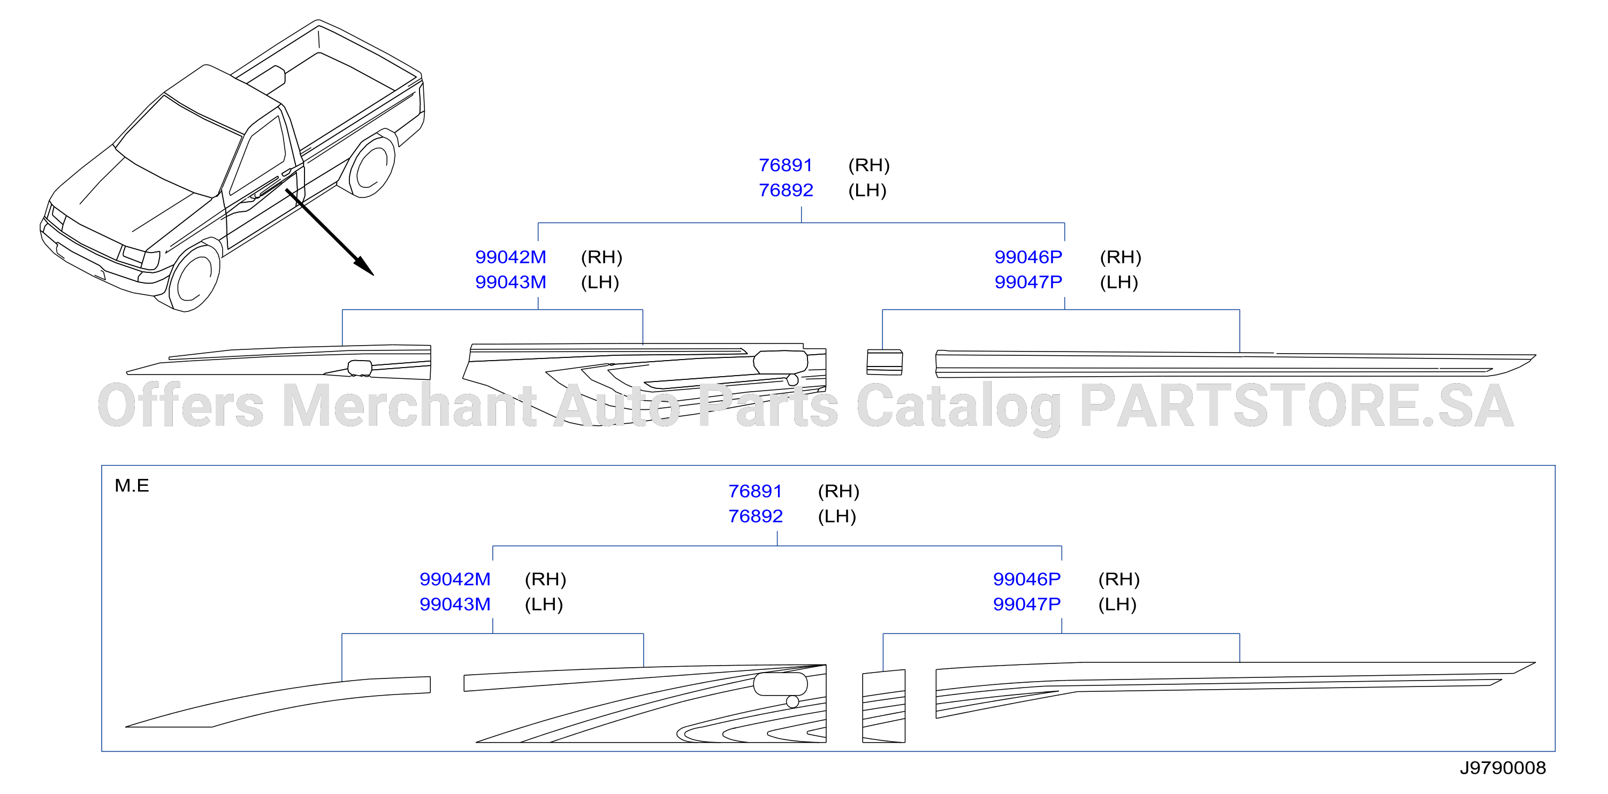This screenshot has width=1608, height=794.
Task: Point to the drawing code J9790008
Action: coord(1503,768)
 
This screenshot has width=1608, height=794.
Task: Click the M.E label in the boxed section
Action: coord(132,486)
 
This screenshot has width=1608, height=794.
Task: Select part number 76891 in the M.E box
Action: coord(755,491)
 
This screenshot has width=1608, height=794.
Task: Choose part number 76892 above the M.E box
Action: coord(786,190)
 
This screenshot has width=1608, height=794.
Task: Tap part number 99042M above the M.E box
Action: coord(510,257)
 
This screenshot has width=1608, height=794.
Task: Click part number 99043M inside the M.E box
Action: coord(454,604)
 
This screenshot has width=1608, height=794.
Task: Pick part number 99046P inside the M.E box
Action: coord(1027,579)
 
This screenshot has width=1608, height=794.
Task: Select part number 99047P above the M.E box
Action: coord(1028,282)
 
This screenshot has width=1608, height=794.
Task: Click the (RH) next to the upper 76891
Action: coord(869,165)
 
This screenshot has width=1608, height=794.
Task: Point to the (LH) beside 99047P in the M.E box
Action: coord(1117,604)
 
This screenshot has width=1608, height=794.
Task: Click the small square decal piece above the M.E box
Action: coord(885,362)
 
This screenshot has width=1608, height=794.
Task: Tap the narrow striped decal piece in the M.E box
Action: coord(884,707)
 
